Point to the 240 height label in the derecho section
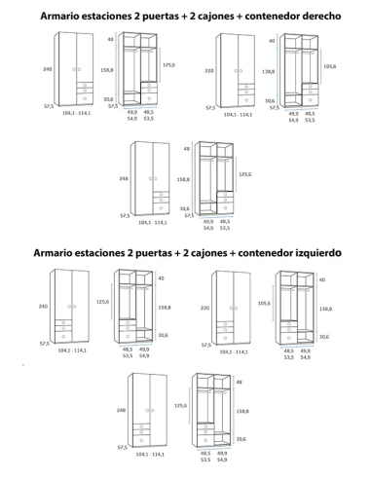[x=45, y=69]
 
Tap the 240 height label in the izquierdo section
[x=45, y=306]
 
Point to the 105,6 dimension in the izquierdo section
[x=264, y=303]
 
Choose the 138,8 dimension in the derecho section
[x=269, y=71]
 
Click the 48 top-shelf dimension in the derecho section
[x=185, y=149]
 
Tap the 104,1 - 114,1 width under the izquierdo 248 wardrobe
[x=151, y=455]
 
